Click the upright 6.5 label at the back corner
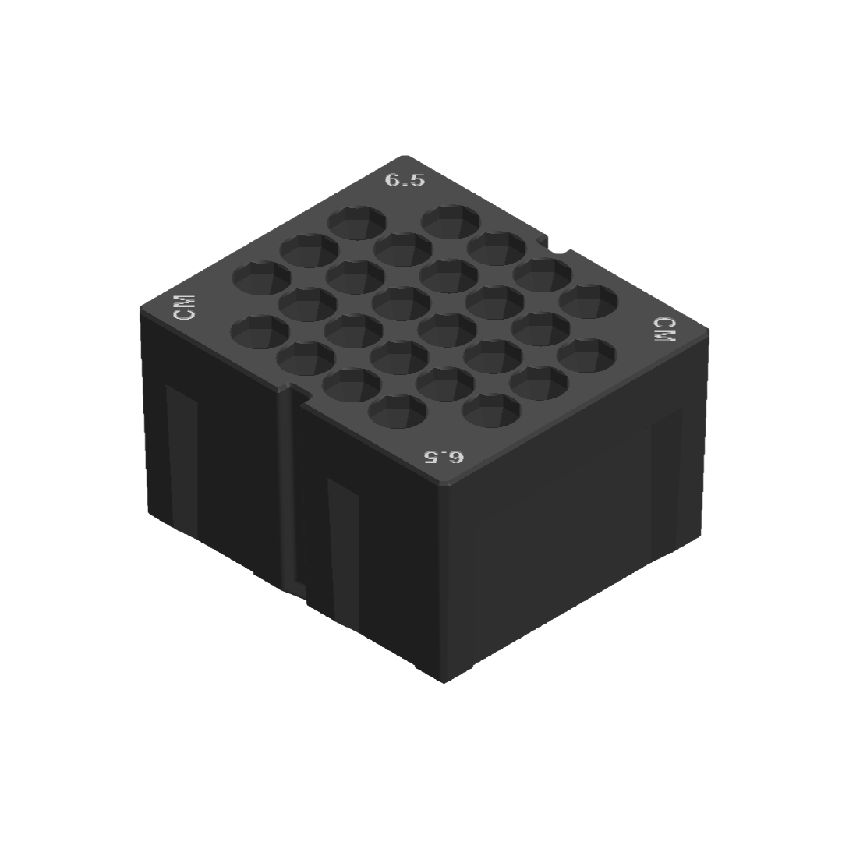pyautogui.click(x=405, y=179)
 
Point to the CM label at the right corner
pyautogui.click(x=663, y=331)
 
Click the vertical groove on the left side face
pyautogui.click(x=290, y=491)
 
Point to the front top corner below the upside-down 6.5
pyautogui.click(x=444, y=485)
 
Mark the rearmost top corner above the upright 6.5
pyautogui.click(x=405, y=157)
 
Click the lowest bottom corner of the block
pyautogui.click(x=444, y=681)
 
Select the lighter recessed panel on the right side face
pyautogui.click(x=667, y=483)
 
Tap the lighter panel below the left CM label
pyautogui.click(x=182, y=460)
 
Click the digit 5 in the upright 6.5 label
pyautogui.click(x=417, y=180)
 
